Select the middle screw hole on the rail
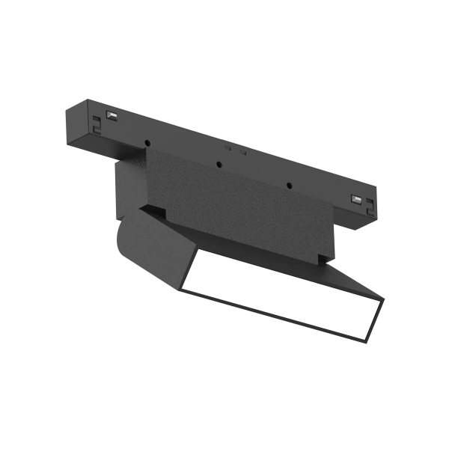pyautogui.click(x=219, y=165)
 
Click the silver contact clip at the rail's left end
pyautogui.click(x=112, y=115)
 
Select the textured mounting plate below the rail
pyautogui.click(x=224, y=202)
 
